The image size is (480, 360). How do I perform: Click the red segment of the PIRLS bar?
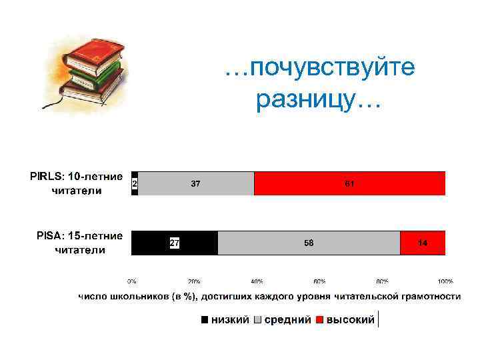[x=349, y=183]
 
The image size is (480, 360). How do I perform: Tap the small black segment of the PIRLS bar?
[x=135, y=183]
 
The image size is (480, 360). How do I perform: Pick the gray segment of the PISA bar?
[x=309, y=243]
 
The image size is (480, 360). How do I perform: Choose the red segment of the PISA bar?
[x=423, y=243]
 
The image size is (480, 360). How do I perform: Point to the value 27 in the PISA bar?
[x=174, y=243]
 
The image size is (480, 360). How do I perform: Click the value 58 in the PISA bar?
[x=309, y=243]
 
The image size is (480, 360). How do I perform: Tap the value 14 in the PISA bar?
[x=423, y=243]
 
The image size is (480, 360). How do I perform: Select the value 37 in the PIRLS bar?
[x=196, y=183]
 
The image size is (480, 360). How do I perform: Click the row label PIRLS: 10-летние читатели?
[x=76, y=183]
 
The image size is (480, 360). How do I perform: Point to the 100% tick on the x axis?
[x=445, y=281]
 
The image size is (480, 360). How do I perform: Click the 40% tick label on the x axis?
[x=257, y=281]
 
